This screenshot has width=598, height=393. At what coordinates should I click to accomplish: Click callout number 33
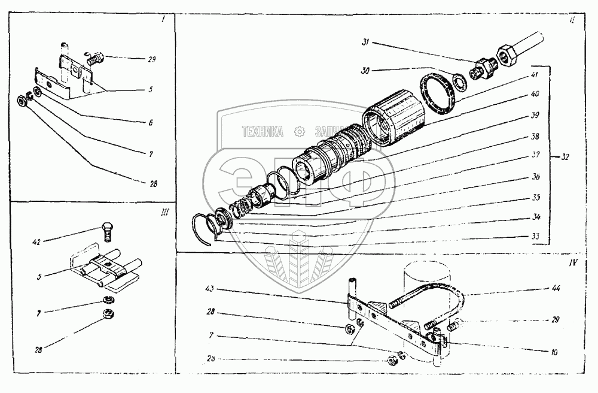pyautogui.click(x=536, y=237)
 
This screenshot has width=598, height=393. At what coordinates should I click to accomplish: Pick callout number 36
pyautogui.click(x=536, y=177)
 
